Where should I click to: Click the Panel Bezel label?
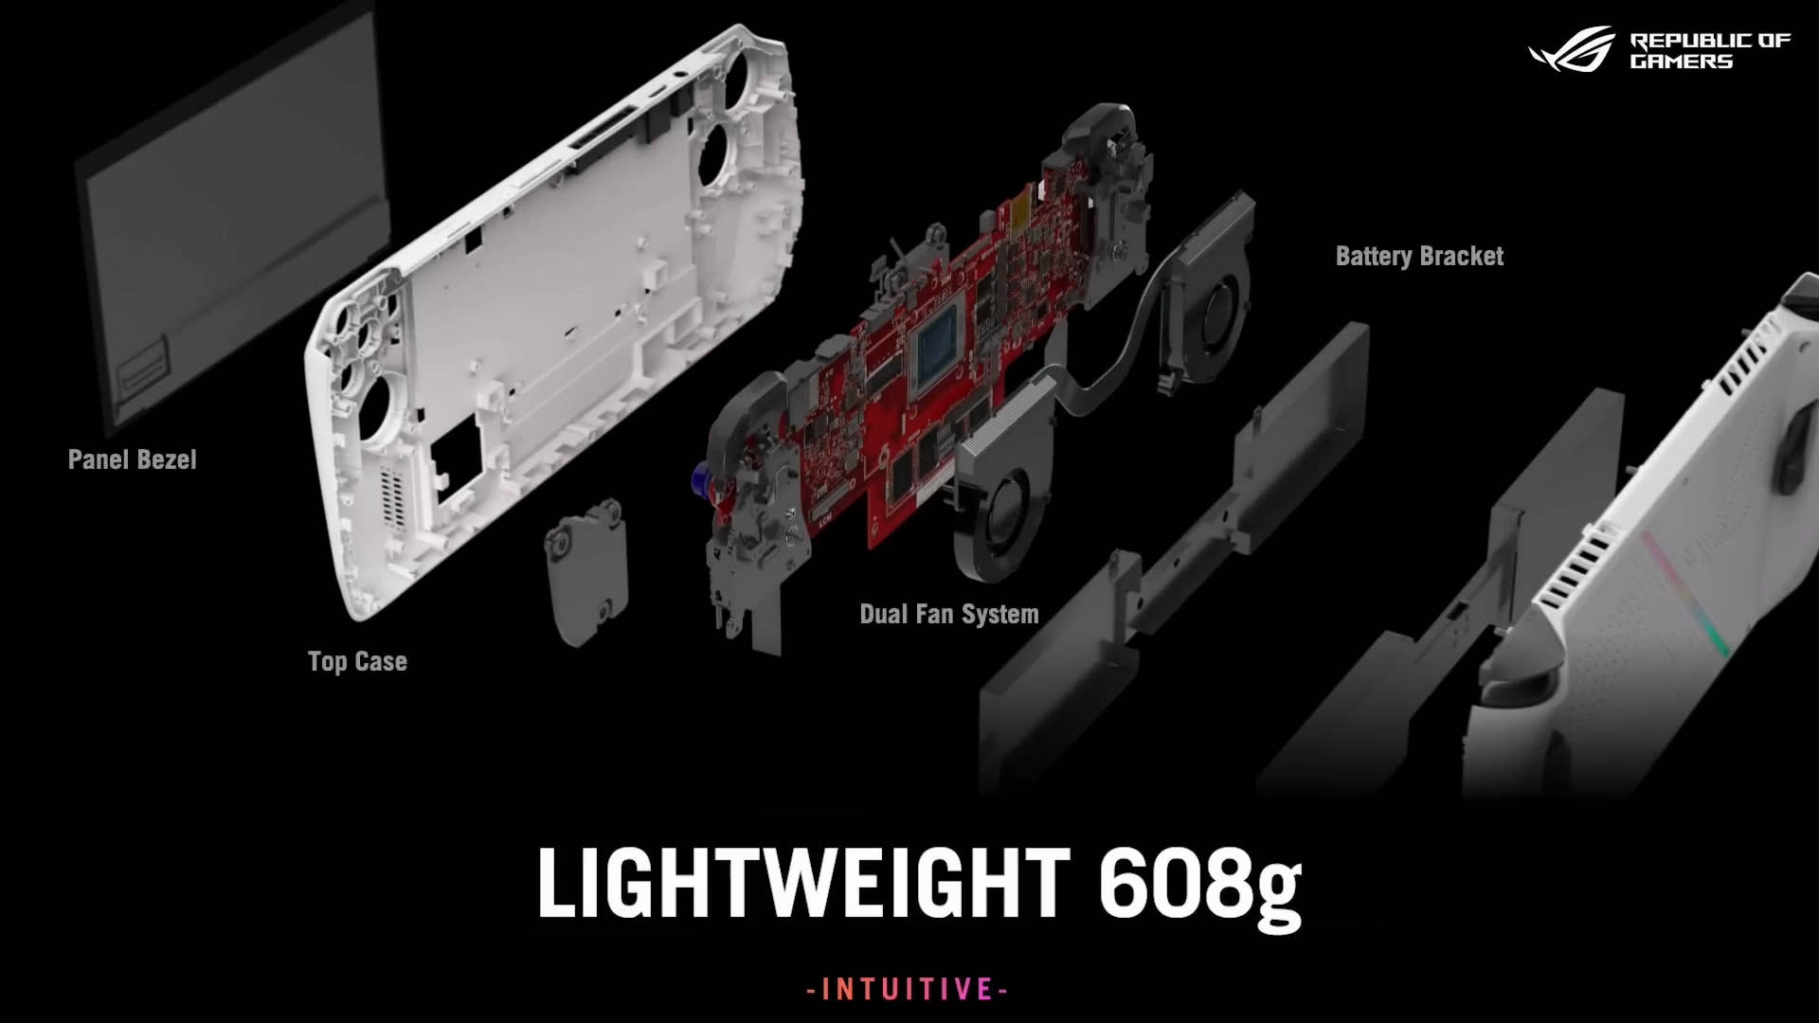tap(133, 460)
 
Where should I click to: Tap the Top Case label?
tap(357, 661)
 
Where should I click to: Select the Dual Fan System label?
tap(949, 614)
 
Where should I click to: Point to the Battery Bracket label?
tap(1419, 256)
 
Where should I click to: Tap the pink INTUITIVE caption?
tap(908, 990)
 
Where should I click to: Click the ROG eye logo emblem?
tap(1573, 48)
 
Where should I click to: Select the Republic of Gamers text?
tap(1710, 51)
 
